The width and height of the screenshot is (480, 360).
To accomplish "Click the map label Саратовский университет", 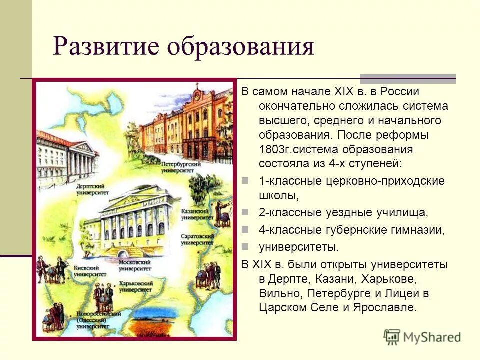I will point(197,239).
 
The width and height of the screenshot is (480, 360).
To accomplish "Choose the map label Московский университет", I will point(134,265).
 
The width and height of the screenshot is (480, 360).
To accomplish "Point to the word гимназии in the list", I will point(419,230).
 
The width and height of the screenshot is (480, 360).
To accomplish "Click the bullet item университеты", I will point(298,246).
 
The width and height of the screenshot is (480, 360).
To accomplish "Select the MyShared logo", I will point(422,337).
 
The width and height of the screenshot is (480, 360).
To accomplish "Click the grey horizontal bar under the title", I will point(407,79).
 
